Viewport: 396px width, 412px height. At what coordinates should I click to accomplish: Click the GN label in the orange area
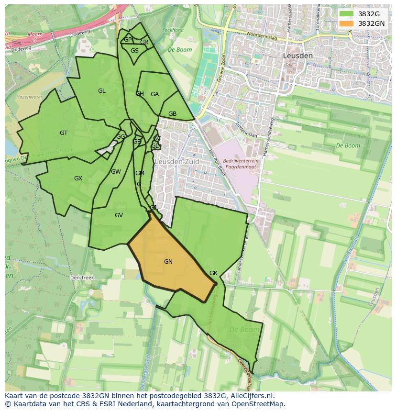[168, 262]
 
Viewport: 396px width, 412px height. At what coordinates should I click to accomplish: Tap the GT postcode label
[64, 133]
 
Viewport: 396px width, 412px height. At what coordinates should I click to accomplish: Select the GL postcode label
[101, 91]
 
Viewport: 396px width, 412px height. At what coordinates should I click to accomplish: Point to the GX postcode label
[78, 178]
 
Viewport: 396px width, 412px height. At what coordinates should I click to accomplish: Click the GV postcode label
[119, 215]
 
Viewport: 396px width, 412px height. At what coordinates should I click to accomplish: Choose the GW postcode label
[116, 172]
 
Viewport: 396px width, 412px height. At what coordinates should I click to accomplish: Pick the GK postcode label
[213, 273]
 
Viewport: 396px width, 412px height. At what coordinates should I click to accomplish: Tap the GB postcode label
[172, 114]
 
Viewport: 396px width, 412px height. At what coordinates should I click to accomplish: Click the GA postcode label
[154, 94]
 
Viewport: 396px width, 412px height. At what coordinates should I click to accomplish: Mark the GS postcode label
[134, 51]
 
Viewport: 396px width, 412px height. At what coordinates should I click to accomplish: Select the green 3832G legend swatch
[347, 14]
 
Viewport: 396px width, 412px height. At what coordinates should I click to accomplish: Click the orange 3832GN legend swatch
[347, 23]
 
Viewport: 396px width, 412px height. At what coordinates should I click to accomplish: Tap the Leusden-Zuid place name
[176, 162]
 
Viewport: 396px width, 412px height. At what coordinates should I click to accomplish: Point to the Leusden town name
[297, 56]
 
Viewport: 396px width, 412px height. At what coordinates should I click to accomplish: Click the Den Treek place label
[82, 278]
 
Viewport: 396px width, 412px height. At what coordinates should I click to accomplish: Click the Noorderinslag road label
[262, 36]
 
